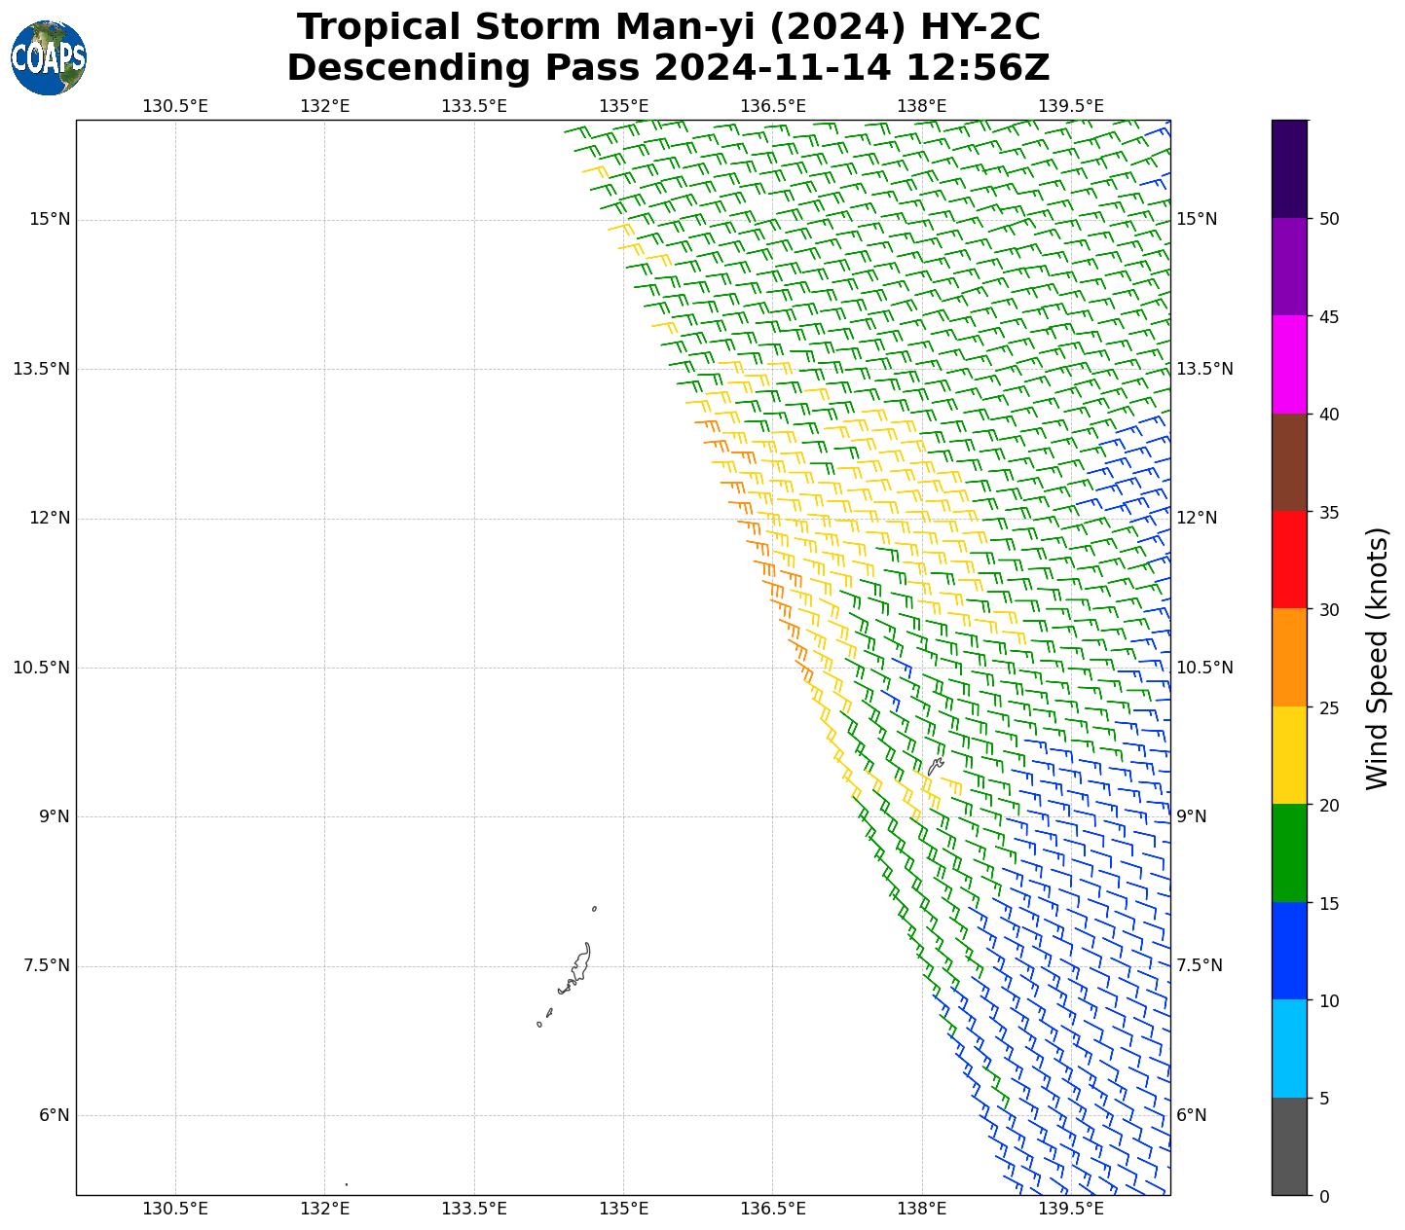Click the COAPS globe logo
pyautogui.click(x=49, y=57)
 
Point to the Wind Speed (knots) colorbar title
pyautogui.click(x=1377, y=658)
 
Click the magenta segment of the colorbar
pyautogui.click(x=1289, y=364)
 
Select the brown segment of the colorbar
pyautogui.click(x=1289, y=462)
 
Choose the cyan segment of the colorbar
pyautogui.click(x=1289, y=1048)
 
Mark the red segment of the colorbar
pyautogui.click(x=1289, y=560)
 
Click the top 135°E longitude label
pyautogui.click(x=623, y=106)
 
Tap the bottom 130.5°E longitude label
pyautogui.click(x=175, y=1210)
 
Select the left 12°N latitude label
pyautogui.click(x=49, y=518)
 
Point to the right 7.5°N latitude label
pyautogui.click(x=1199, y=965)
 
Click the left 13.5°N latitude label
pyautogui.click(x=42, y=369)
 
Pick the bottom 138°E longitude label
pyautogui.click(x=922, y=1210)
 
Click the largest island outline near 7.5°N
pyautogui.click(x=581, y=963)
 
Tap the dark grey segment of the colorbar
pyautogui.click(x=1289, y=1146)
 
